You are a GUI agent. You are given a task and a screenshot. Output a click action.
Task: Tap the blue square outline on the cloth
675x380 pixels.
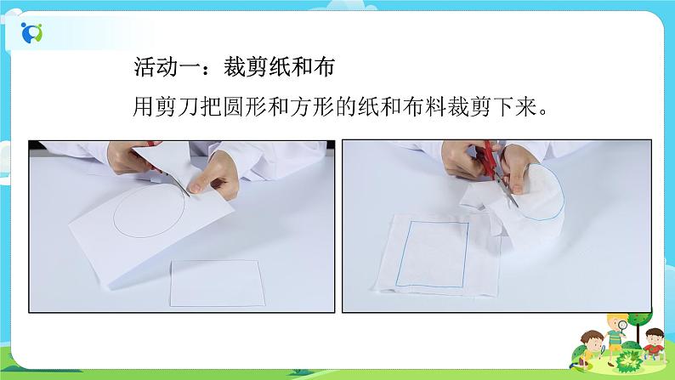[x=436, y=254]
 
